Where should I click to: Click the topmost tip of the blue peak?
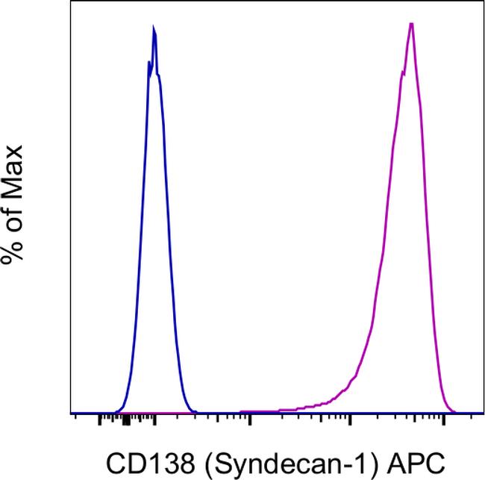(x=154, y=28)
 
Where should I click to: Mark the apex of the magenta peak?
(x=411, y=23)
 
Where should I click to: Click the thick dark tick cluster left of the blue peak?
(x=125, y=422)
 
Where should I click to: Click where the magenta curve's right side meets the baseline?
(x=454, y=412)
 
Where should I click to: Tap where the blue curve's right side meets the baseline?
(x=195, y=412)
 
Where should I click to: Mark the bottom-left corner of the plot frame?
(x=71, y=414)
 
